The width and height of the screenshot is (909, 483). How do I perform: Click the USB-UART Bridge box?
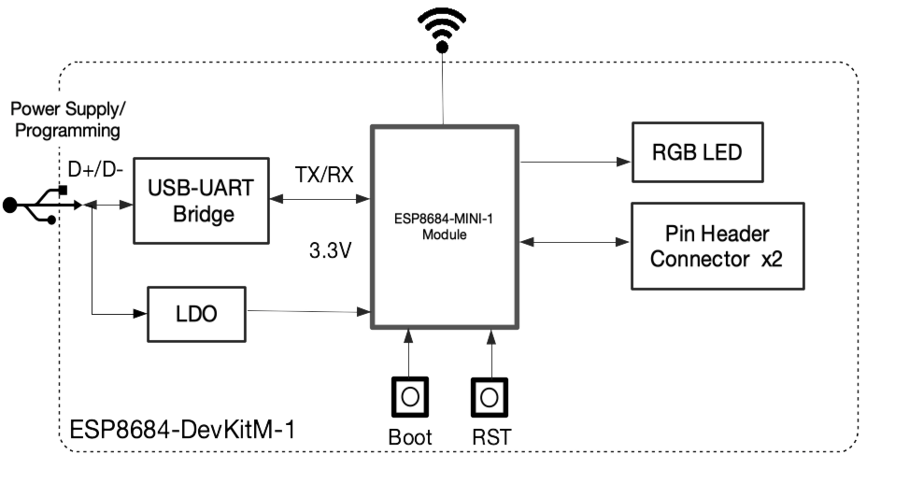[x=201, y=201]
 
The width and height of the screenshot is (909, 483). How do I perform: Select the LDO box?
[x=196, y=314]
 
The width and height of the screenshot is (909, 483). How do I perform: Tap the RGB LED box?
[x=698, y=152]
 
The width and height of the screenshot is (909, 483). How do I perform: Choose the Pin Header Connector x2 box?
[x=717, y=246]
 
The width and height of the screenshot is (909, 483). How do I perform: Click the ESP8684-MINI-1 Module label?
[x=444, y=227]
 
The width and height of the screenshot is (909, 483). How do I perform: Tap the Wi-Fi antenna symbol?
[x=442, y=30]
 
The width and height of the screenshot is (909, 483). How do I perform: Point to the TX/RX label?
[x=324, y=175]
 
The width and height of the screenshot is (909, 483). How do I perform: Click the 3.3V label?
[x=330, y=250]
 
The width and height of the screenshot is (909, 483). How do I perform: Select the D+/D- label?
[x=95, y=170]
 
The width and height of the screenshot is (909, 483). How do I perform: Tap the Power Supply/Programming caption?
[x=68, y=120]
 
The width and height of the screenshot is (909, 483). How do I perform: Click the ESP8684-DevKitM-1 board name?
[x=182, y=430]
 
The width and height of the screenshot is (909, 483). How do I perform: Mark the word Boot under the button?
[x=410, y=437]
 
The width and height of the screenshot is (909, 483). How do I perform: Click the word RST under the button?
[x=491, y=437]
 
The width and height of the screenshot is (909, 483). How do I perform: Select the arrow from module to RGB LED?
[x=575, y=162]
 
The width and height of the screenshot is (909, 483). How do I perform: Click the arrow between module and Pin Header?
[x=575, y=242]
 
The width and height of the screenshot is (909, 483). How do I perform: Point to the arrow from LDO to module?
[x=309, y=312]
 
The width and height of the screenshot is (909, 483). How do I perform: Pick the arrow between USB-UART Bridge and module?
[x=320, y=199]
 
